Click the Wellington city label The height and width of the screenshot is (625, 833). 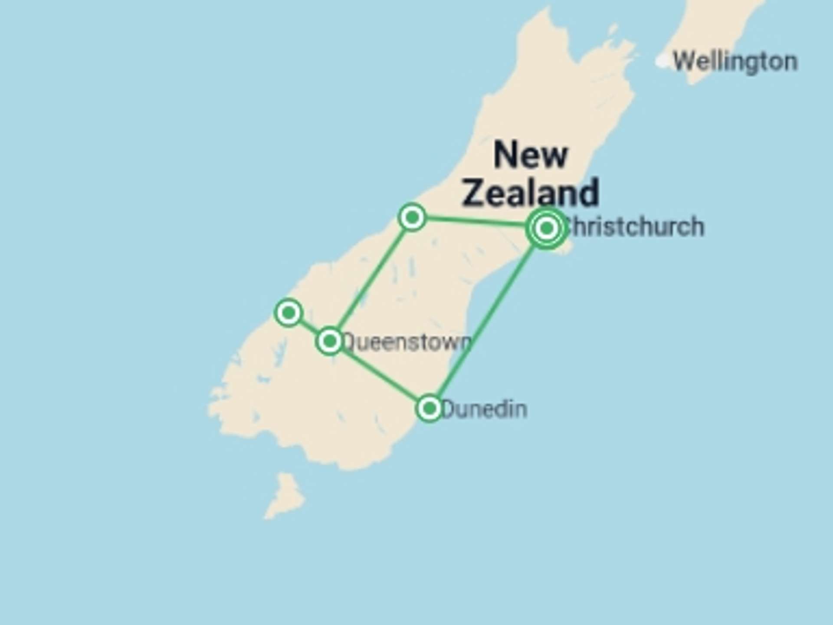tap(735, 62)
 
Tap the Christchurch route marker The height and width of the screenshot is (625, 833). tap(547, 228)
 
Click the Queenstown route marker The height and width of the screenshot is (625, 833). tap(330, 341)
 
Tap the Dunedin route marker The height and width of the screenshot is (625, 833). tap(430, 408)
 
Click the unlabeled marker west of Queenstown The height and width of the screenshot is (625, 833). tap(289, 312)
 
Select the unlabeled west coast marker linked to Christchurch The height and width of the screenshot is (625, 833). tap(412, 217)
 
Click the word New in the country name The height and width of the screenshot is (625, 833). tap(530, 155)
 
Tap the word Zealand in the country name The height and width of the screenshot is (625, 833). tap(530, 192)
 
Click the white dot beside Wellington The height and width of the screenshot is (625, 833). tap(662, 61)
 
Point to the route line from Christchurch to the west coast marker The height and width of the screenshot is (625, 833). tap(477, 222)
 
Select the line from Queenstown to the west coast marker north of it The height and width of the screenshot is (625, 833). tap(371, 278)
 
